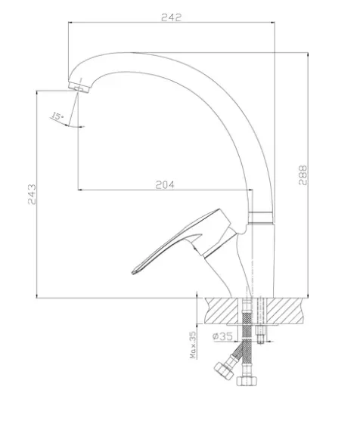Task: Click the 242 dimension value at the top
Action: click(171, 17)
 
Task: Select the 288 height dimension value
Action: click(303, 175)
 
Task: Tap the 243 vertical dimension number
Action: click(32, 194)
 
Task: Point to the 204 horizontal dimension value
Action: click(165, 185)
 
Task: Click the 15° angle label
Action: click(57, 116)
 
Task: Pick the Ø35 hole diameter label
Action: click(222, 336)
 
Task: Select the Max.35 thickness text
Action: click(193, 345)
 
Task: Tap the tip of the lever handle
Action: click(132, 272)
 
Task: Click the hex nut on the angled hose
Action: click(224, 370)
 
